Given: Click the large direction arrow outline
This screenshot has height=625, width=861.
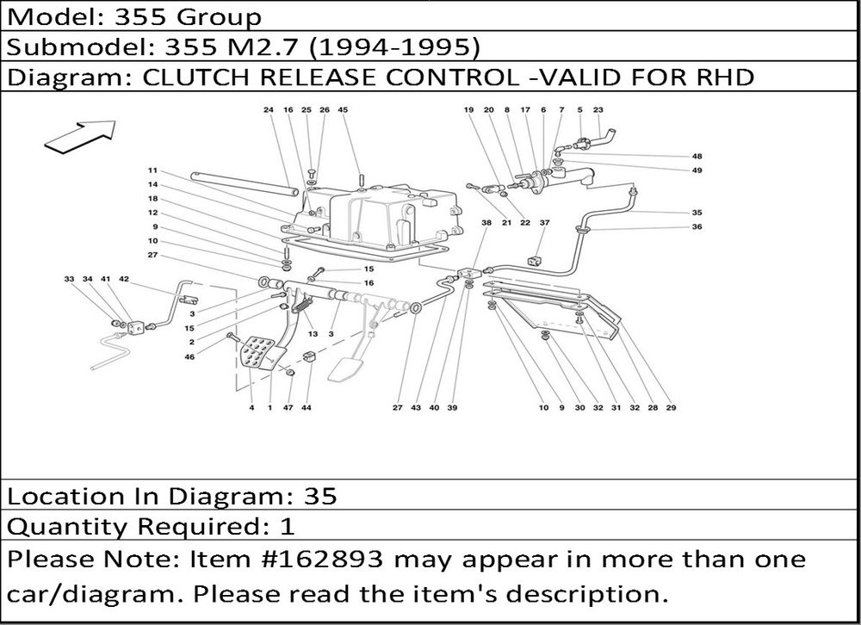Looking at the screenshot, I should (79, 136).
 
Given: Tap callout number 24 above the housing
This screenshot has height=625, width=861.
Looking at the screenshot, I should (268, 110).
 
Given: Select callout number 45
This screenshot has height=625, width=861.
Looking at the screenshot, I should (343, 110).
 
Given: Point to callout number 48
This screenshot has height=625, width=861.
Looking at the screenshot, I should (697, 157).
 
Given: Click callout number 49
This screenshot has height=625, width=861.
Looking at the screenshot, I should (697, 170).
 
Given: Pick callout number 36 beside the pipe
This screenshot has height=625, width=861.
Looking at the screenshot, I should (697, 227).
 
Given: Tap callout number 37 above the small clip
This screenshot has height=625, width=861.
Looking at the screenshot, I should (544, 223).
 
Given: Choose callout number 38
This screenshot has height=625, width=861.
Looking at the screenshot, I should (486, 223).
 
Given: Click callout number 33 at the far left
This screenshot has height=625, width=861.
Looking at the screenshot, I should (69, 280).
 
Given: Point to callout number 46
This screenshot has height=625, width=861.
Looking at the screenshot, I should (189, 356).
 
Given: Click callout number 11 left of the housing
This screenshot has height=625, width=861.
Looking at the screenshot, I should (152, 170).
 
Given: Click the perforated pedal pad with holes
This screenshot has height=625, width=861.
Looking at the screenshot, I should (257, 354).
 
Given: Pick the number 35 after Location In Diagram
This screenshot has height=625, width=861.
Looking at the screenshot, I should (320, 496).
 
